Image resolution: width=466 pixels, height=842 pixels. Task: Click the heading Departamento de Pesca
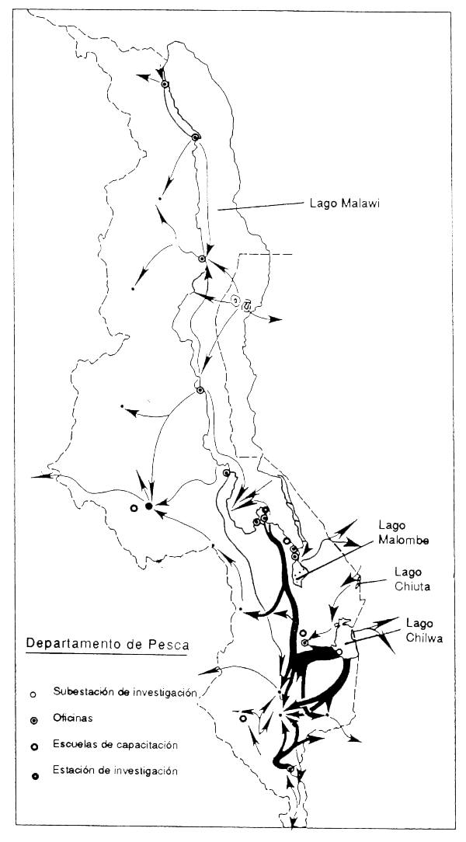107,644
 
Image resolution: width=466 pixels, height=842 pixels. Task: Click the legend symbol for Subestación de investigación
33,692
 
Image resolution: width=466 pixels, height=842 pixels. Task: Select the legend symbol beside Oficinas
33,718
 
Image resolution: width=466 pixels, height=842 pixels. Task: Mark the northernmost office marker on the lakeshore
165,84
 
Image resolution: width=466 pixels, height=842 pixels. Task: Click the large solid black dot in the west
148,506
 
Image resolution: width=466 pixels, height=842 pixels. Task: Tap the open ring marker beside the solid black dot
134,508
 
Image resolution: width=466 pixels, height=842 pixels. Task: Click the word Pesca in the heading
169,644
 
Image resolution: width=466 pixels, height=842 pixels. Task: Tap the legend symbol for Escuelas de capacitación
33,745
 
